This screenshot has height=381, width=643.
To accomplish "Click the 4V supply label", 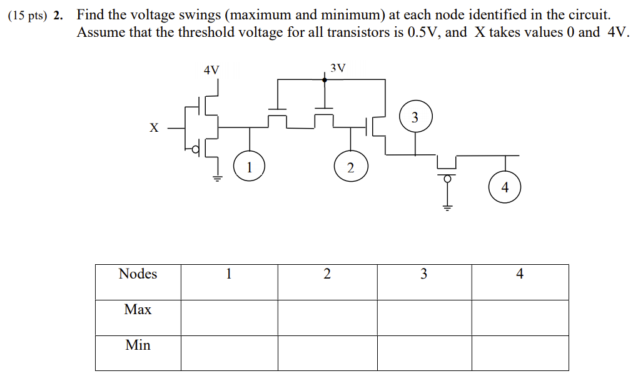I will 211,70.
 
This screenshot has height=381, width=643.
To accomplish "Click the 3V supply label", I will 337,67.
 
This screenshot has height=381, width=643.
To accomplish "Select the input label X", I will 154,127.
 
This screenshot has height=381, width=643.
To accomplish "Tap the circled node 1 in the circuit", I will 249,167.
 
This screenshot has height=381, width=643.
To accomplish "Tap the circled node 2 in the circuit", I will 350,167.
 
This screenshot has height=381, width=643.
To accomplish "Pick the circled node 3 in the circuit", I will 415,117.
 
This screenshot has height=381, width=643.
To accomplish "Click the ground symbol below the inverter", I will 218,177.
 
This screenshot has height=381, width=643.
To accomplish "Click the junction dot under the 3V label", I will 324,80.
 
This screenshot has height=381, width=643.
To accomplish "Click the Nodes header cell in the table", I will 138,274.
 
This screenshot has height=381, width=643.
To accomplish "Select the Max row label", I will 138,310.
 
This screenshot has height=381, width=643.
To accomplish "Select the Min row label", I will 138,345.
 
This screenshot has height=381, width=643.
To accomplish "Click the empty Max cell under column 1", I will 229,317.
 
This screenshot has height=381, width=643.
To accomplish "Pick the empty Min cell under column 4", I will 520,353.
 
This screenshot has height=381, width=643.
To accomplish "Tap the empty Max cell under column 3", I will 424,317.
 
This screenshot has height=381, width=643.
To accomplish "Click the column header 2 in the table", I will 327,274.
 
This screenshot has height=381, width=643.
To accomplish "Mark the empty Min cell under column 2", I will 327,353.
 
